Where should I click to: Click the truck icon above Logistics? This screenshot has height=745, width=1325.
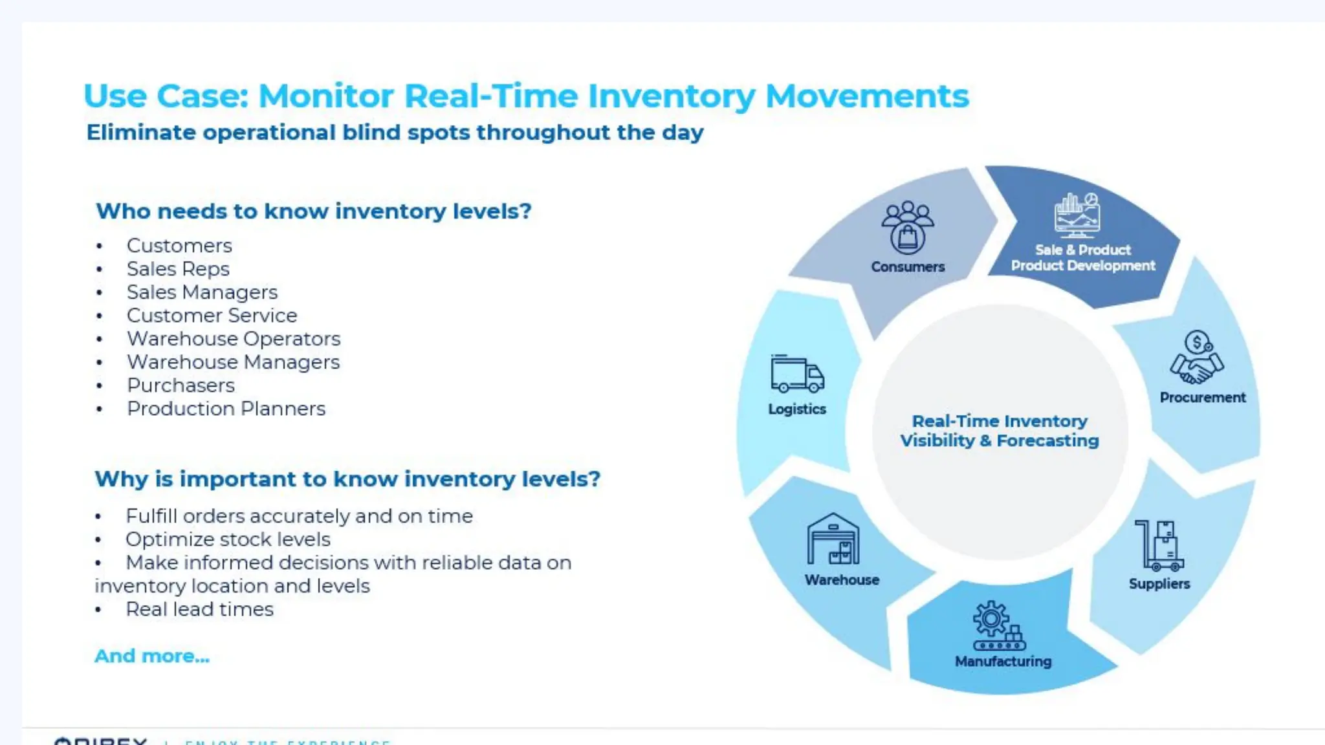pos(797,374)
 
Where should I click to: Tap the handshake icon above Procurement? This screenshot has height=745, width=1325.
pos(1197,358)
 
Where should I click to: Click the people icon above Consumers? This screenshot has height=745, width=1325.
pos(908,227)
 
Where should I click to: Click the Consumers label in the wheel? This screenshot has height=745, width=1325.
pos(908,266)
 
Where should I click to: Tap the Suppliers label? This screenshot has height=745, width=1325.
pos(1159,583)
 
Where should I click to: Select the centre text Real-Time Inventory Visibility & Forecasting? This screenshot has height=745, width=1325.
pos(1000,431)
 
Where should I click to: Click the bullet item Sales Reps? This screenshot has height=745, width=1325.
pos(178,269)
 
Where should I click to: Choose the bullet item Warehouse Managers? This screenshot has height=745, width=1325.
pos(233,362)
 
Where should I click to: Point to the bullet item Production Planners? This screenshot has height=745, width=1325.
pos(226,409)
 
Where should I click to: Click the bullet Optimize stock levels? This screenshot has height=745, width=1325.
pos(228,539)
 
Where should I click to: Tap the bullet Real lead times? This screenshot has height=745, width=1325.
pos(199,609)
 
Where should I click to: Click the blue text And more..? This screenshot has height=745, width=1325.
pos(152,656)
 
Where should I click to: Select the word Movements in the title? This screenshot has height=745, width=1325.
pos(867,96)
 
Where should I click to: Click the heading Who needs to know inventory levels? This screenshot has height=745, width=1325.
pos(314,211)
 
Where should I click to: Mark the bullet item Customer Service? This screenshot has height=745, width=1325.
pos(212,316)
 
